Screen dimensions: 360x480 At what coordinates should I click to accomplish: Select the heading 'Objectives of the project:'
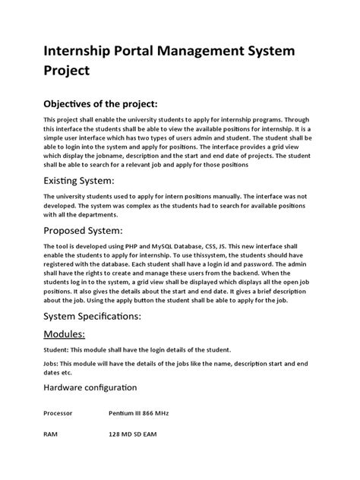coord(112,103)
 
